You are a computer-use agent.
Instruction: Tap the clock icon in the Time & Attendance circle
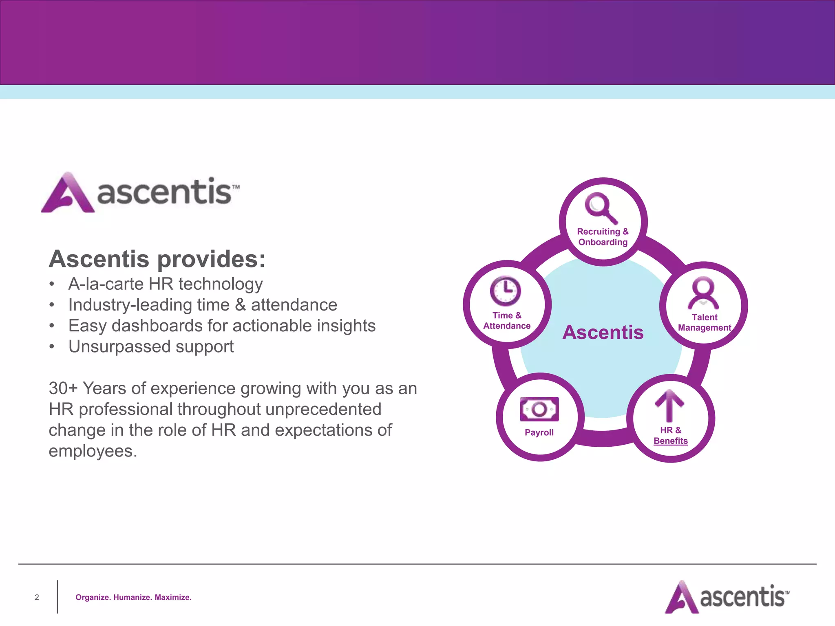point(505,291)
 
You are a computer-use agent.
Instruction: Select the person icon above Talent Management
point(703,293)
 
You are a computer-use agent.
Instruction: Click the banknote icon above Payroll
point(539,409)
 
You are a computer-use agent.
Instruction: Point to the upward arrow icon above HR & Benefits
point(669,405)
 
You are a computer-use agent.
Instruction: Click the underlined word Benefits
point(670,441)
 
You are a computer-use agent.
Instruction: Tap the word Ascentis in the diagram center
point(603,332)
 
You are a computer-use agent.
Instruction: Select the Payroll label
point(539,432)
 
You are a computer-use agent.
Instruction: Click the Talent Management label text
point(704,322)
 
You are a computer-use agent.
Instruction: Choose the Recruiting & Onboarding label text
point(603,237)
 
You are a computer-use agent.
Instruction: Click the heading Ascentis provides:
point(157,259)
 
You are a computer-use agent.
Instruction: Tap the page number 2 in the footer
point(37,597)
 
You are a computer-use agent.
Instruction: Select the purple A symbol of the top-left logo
point(68,193)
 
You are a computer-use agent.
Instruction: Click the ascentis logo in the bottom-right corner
point(727,597)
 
